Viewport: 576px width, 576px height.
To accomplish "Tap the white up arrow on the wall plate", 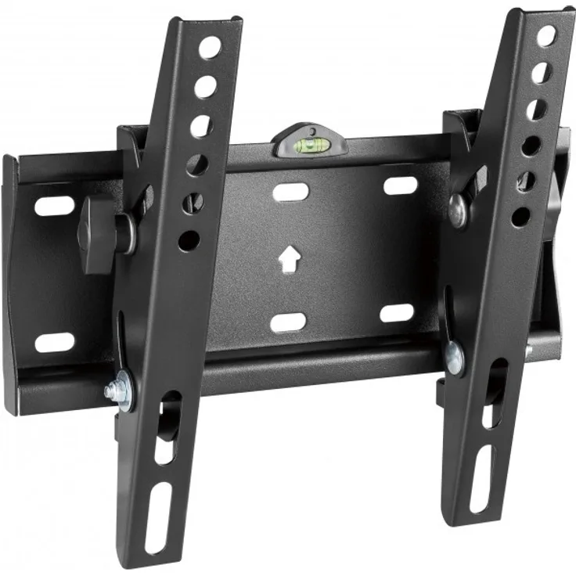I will click(x=290, y=259).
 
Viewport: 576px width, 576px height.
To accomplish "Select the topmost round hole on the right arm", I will click(x=546, y=35).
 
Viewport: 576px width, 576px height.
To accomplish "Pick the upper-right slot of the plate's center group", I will click(x=401, y=185).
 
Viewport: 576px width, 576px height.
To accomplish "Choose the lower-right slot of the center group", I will click(x=397, y=313).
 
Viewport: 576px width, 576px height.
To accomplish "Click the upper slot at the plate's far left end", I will click(x=56, y=207).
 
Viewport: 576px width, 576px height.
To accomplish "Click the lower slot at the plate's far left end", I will click(x=55, y=342).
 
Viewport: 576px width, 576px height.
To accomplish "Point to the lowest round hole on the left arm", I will click(x=189, y=240).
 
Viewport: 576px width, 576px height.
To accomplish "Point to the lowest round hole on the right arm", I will click(x=521, y=216).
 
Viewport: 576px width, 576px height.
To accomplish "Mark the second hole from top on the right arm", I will click(x=541, y=73).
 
